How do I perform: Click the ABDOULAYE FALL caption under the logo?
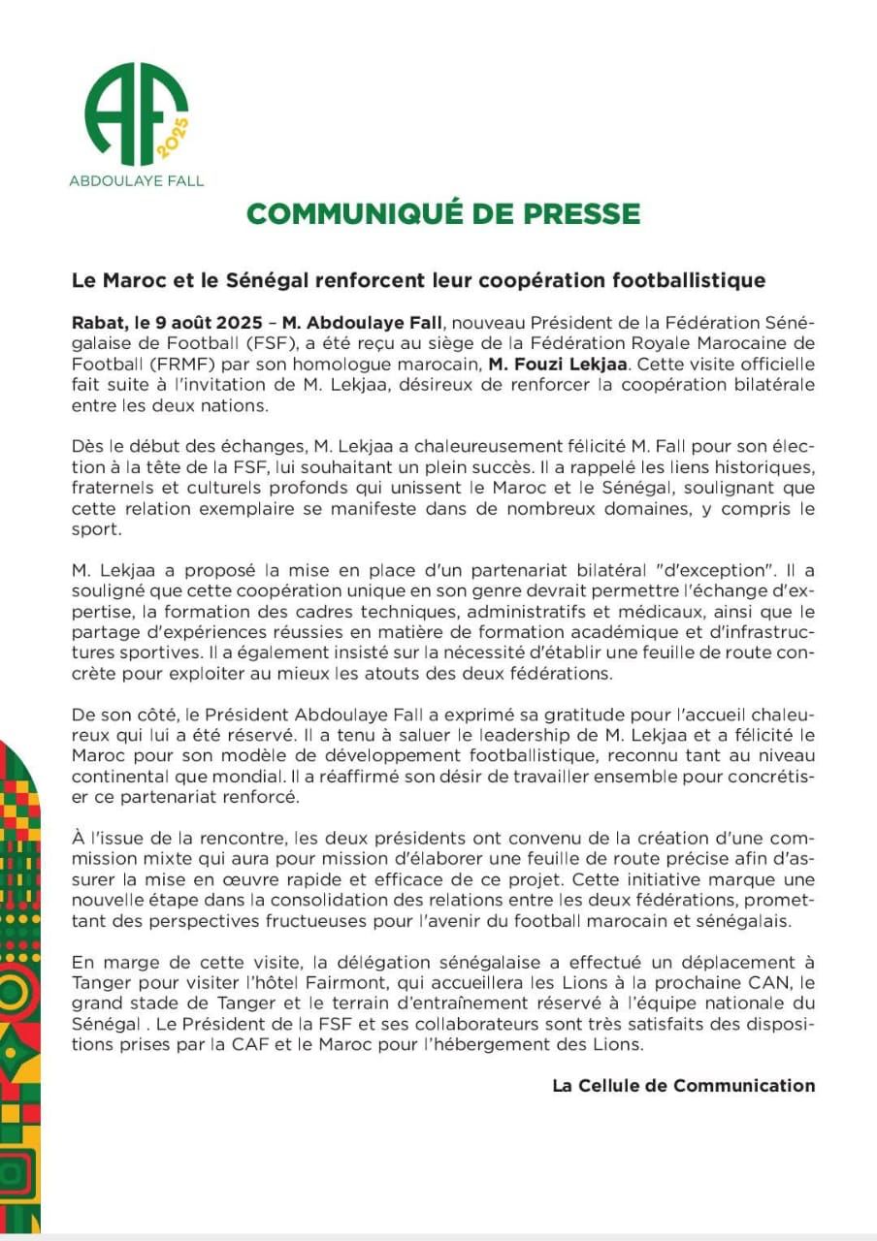[137, 180]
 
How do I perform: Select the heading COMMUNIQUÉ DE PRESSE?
[443, 214]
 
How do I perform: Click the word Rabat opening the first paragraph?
[96, 322]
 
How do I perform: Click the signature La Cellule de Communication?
[684, 1086]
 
